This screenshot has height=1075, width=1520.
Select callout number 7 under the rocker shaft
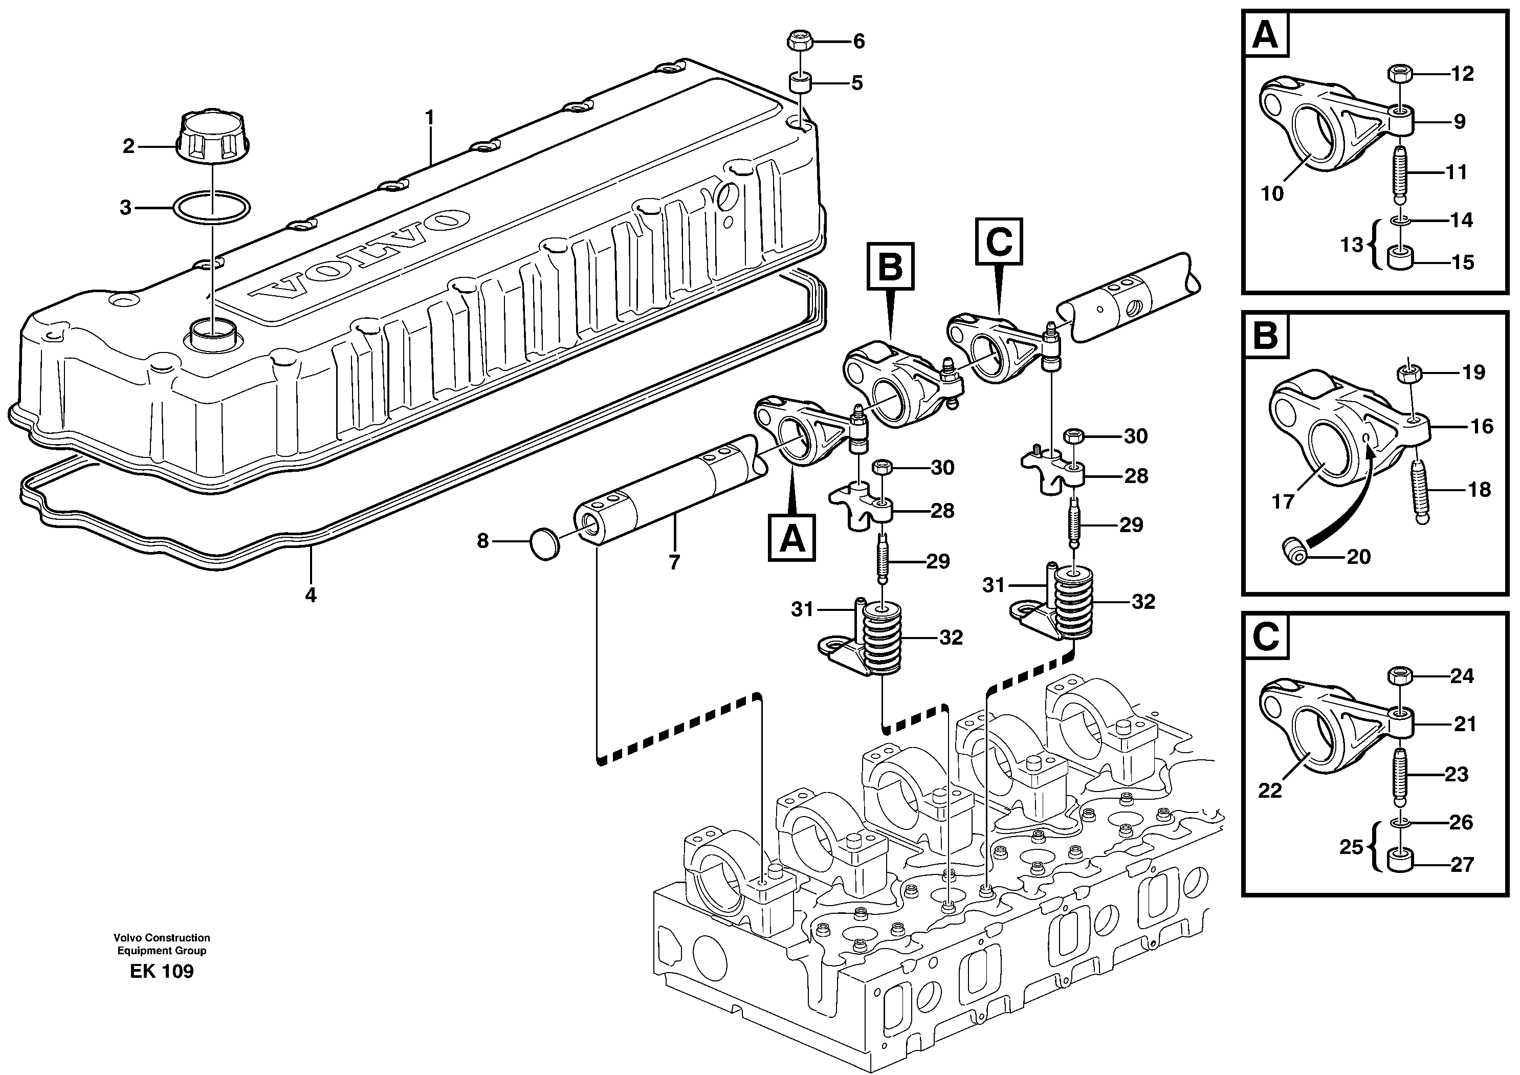click(674, 563)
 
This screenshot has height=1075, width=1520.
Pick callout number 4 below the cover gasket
click(311, 595)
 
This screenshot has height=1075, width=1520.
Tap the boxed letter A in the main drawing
click(792, 538)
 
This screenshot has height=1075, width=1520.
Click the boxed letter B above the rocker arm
click(890, 266)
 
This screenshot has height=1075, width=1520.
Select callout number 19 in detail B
click(1473, 372)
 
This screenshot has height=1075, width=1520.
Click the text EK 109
click(162, 972)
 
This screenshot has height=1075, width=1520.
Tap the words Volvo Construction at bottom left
click(162, 937)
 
